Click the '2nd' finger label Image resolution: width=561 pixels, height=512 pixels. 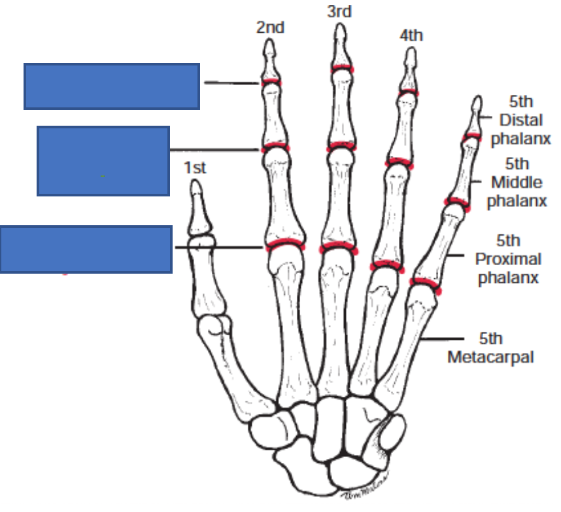270,27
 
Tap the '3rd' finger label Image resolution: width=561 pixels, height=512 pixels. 339,11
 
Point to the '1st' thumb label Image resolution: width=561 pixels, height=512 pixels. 195,168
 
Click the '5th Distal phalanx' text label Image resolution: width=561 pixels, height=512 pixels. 520,120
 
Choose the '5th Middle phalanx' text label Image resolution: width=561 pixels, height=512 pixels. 517,183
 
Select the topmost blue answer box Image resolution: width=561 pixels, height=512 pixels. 112,86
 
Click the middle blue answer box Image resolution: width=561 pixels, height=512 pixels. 103,161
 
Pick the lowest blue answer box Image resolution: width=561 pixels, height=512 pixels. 86,249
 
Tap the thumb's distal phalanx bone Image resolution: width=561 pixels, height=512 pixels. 196,208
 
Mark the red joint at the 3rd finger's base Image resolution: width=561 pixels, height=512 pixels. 337,248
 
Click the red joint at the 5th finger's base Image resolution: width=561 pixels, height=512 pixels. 425,283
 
